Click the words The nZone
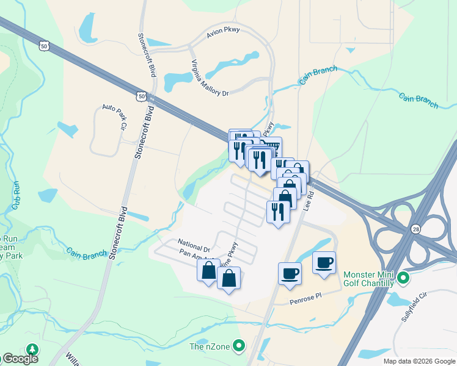[210, 347]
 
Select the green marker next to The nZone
[239, 346]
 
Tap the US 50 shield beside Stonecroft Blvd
[141, 96]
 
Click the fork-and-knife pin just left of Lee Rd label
[278, 212]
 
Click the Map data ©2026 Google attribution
[419, 361]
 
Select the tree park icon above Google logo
[31, 349]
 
